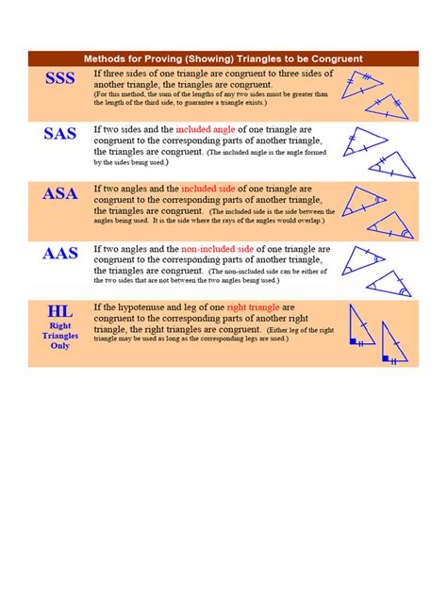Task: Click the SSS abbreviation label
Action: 60,79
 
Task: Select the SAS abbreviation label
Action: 60,134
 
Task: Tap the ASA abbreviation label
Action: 60,194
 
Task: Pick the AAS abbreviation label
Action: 60,253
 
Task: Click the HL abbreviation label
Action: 60,310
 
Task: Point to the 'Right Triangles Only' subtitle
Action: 60,335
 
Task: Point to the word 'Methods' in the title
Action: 108,58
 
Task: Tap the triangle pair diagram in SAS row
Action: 377,150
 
